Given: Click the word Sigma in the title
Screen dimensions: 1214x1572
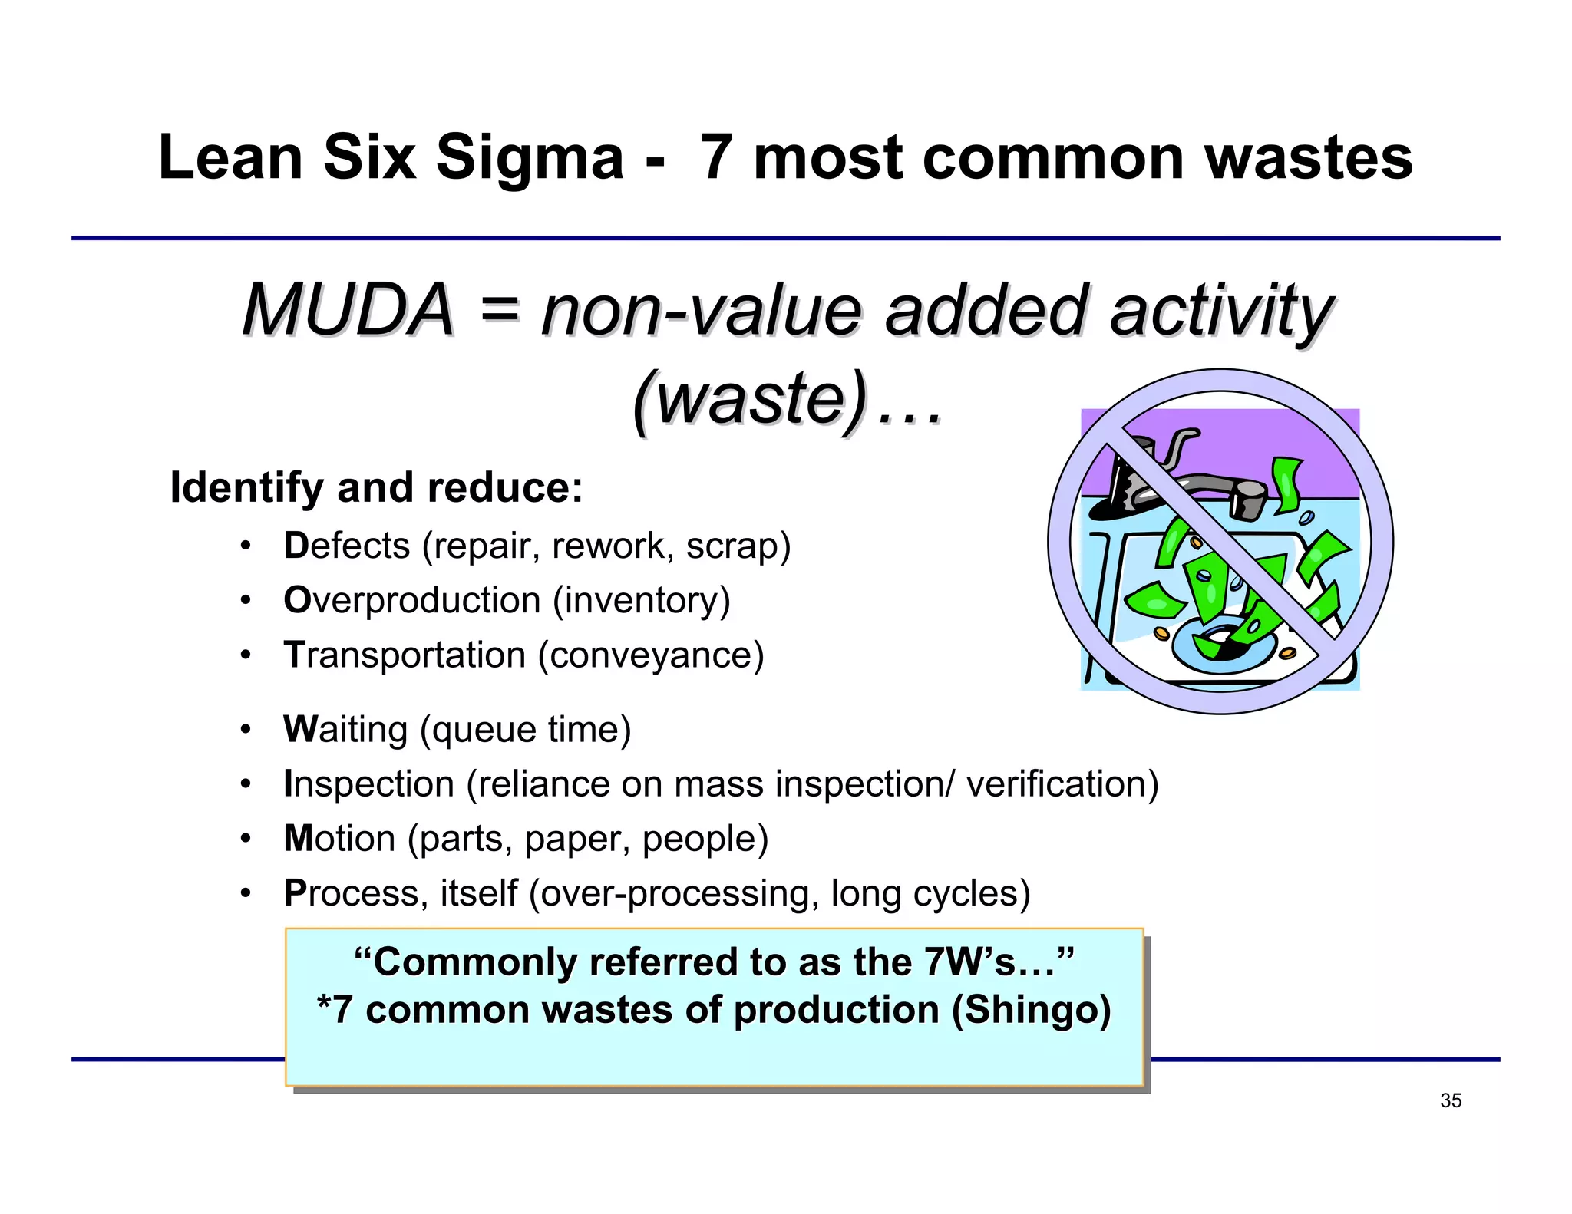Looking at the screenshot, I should coord(530,159).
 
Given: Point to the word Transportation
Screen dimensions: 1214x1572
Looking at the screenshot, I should coord(405,655).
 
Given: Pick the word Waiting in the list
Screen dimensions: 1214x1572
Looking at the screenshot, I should coord(345,729).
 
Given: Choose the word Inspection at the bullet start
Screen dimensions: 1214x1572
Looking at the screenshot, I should coord(369,784).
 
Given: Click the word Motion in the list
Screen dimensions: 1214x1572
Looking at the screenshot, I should coord(339,838).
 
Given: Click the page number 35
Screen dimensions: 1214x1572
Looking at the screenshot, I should coord(1451,1100).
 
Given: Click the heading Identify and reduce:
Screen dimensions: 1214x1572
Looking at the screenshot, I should coord(376,488).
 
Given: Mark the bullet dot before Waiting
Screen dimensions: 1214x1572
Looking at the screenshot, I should coord(245,729).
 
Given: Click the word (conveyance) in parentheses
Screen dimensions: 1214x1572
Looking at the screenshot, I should coord(651,655).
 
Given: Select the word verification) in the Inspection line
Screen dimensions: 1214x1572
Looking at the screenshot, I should coord(1062,784).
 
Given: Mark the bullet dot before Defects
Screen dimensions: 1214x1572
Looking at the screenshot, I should coord(245,546).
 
